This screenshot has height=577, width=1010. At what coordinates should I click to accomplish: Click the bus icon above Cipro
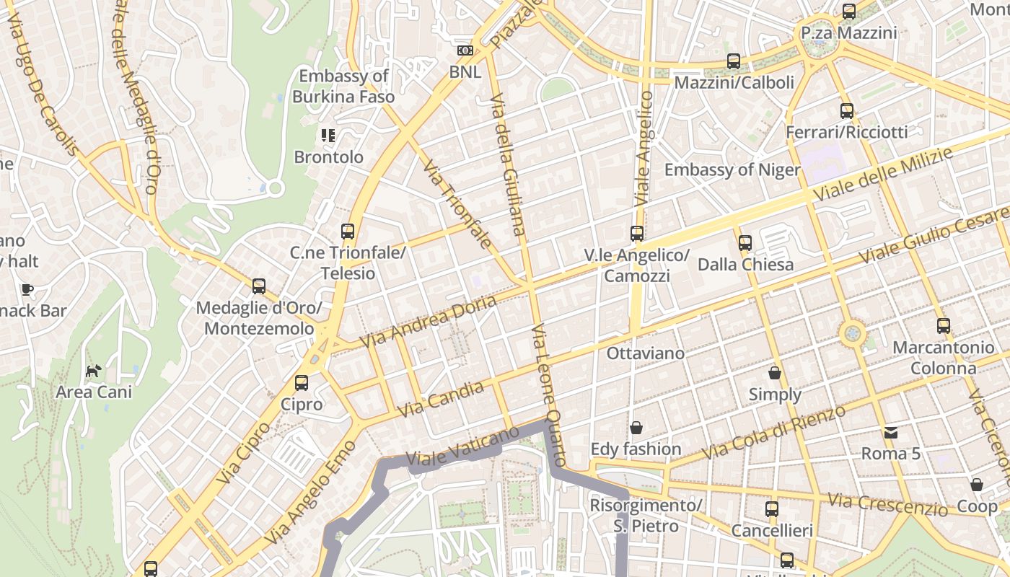pyautogui.click(x=302, y=383)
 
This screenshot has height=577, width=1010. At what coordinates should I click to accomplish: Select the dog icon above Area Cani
pyautogui.click(x=94, y=371)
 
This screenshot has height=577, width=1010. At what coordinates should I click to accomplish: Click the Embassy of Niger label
pyautogui.click(x=732, y=169)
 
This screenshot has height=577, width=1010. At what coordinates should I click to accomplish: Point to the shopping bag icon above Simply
pyautogui.click(x=775, y=373)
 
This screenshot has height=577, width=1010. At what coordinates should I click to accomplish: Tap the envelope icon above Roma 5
pyautogui.click(x=891, y=433)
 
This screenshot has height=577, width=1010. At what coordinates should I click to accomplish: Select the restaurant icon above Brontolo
pyautogui.click(x=329, y=135)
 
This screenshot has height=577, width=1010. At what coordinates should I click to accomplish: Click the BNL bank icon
pyautogui.click(x=465, y=50)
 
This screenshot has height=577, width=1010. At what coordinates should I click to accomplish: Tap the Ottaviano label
pyautogui.click(x=645, y=353)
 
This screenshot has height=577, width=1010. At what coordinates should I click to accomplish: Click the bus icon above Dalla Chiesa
pyautogui.click(x=745, y=243)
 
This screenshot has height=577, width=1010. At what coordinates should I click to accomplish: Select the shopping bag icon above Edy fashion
pyautogui.click(x=636, y=428)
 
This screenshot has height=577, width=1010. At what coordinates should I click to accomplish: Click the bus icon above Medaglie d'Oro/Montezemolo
pyautogui.click(x=259, y=286)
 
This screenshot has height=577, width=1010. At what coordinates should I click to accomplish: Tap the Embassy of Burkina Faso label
pyautogui.click(x=343, y=86)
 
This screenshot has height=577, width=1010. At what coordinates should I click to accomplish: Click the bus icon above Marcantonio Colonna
pyautogui.click(x=944, y=326)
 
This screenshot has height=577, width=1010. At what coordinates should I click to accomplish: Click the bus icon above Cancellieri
pyautogui.click(x=772, y=509)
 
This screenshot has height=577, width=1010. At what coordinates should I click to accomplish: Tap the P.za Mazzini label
pyautogui.click(x=849, y=33)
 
